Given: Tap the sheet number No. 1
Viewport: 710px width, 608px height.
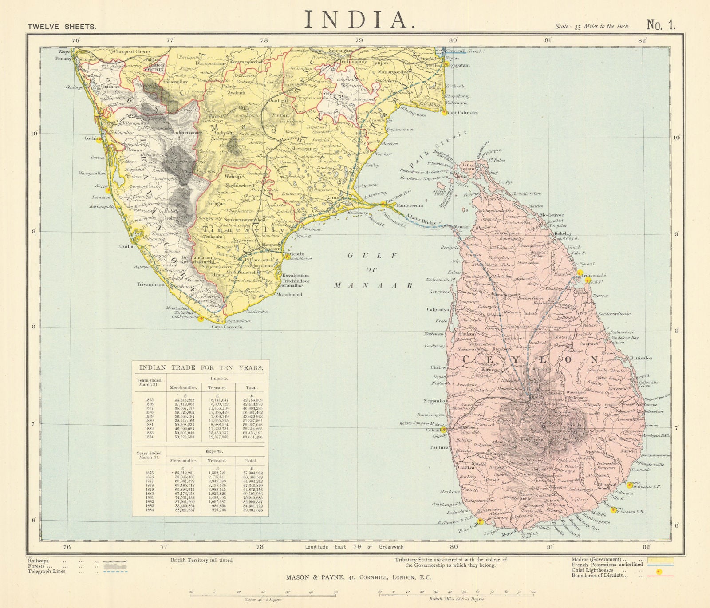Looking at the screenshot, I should pos(661,25).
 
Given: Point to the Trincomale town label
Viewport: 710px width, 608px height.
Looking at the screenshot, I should pos(593,275).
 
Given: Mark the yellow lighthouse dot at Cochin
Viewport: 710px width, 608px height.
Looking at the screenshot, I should pos(99,138).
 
